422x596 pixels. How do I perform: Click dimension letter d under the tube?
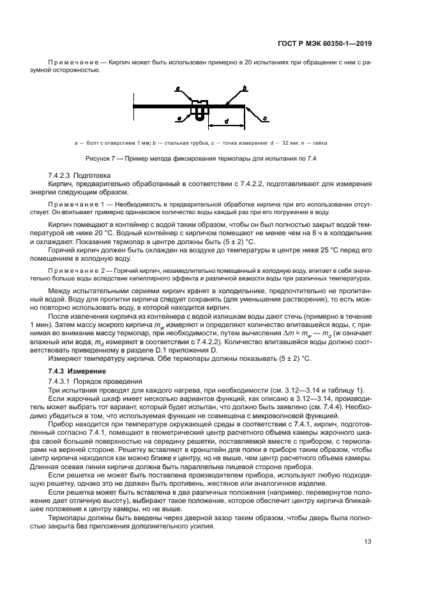(226, 120)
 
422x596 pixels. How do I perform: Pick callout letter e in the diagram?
(179, 119)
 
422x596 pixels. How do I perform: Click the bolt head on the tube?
(199, 100)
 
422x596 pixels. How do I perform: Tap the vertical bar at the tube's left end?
(133, 105)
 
